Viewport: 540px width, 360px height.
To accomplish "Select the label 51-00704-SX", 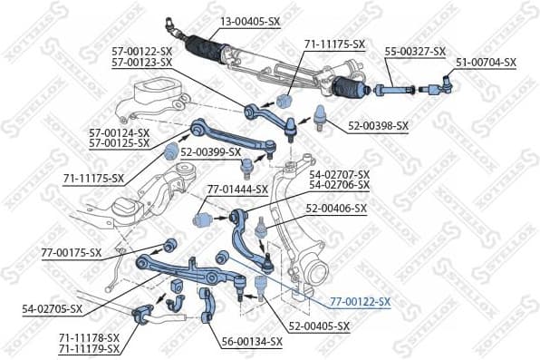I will coord(485,63).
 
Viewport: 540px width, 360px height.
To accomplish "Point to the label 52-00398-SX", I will coord(379,125).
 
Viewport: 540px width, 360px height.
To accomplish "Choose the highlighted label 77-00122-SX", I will coord(360,301).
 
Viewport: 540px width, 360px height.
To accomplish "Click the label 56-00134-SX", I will coord(252,341).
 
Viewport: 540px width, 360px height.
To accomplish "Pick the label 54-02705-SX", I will coord(53,308).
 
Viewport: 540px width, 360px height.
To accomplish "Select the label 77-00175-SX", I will coord(72,253).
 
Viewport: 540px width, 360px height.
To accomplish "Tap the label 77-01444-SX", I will coord(237,190).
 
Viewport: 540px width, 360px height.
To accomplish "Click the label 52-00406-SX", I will coord(336,208).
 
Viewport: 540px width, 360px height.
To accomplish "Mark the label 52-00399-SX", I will coord(210,151).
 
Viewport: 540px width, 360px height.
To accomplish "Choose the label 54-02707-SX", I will coord(340,174).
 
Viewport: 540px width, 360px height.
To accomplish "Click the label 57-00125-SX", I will coord(120,143).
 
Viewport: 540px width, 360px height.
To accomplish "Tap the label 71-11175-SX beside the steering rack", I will coord(333,44).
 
